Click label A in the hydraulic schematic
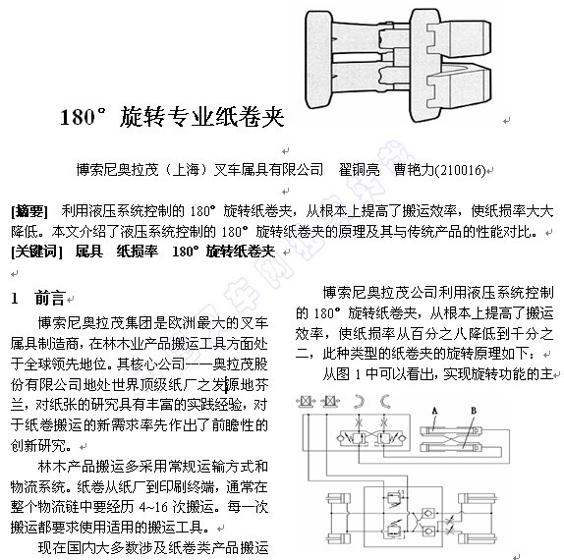point(434,411)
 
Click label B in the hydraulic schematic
point(474,411)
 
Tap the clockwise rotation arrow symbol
point(359,401)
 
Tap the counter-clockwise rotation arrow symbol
point(385,401)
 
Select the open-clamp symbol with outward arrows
point(306,401)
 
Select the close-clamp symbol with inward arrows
point(330,401)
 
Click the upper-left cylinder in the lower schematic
point(338,498)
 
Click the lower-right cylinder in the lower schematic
point(478,538)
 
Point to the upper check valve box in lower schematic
point(428,513)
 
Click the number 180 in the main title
point(78,117)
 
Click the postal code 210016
point(462,169)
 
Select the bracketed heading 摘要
point(29,211)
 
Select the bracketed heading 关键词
point(36,252)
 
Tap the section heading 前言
point(49,298)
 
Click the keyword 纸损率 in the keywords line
point(137,252)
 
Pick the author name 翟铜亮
point(359,169)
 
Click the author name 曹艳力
point(415,169)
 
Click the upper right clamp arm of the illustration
point(459,38)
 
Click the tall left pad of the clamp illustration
point(318,59)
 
